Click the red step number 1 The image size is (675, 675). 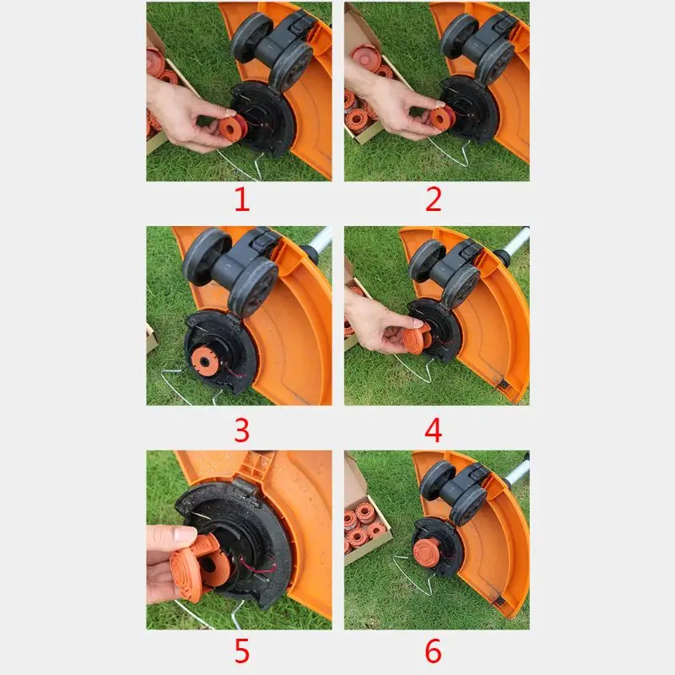pyautogui.click(x=241, y=201)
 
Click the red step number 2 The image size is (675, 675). pyautogui.click(x=434, y=201)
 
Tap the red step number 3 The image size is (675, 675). pyautogui.click(x=241, y=429)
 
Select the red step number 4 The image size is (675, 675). pyautogui.click(x=434, y=429)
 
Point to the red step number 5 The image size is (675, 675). pyautogui.click(x=241, y=652)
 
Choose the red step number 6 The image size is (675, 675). pyautogui.click(x=434, y=652)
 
